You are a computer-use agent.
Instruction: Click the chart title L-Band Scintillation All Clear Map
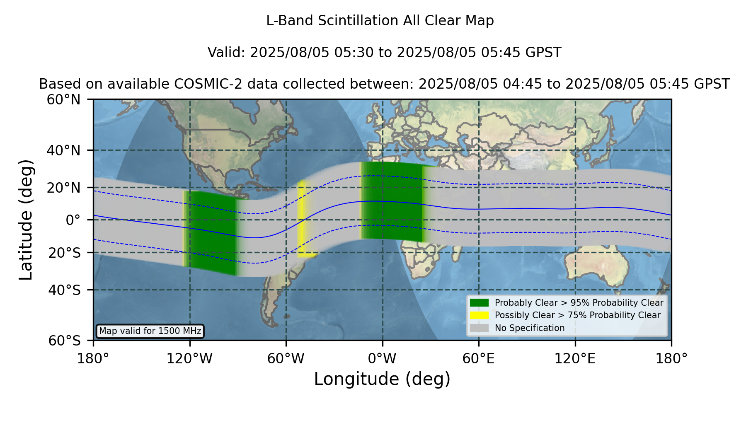coord(380,21)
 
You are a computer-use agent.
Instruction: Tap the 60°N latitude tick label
coord(63,100)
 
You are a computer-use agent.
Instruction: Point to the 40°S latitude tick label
coord(64,290)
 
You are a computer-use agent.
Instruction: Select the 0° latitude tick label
coord(73,220)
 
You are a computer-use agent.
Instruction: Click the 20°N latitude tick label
coord(63,188)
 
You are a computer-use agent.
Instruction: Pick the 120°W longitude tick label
coord(189,359)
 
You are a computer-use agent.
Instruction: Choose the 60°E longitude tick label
coord(479,359)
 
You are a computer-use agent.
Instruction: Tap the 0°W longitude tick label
coord(382,359)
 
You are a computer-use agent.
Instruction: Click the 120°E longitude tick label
coord(575,359)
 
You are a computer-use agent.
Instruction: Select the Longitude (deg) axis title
coord(382,379)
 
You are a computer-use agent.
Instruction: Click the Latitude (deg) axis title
coord(26,220)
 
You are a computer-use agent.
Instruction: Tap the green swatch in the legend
coord(479,303)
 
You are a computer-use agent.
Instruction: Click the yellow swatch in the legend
coord(479,315)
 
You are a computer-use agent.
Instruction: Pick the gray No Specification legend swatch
coord(479,328)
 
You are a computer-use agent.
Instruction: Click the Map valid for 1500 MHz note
coord(150,331)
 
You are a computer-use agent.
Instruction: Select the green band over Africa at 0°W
coord(392,202)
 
